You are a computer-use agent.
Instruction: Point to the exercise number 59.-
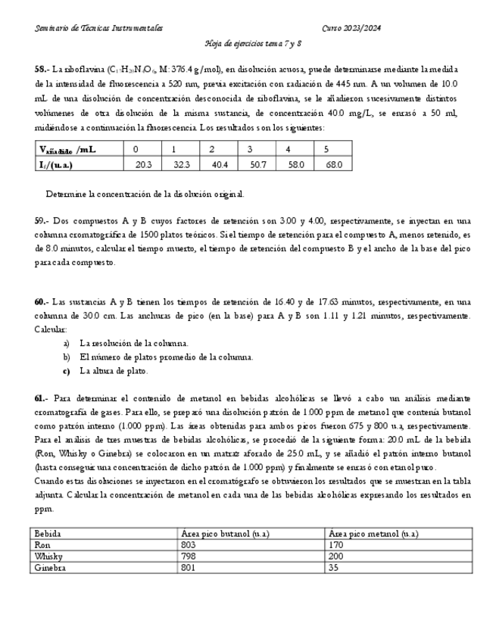click(x=42, y=222)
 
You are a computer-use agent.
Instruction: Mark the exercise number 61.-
click(x=42, y=398)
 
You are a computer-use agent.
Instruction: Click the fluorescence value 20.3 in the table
click(x=143, y=164)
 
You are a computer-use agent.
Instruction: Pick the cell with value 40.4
click(x=219, y=164)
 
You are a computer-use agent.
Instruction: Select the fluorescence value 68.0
click(x=333, y=164)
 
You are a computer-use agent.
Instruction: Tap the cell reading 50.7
click(x=257, y=164)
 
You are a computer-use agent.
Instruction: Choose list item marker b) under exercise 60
click(x=67, y=357)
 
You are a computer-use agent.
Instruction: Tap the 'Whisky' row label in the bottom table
click(x=49, y=556)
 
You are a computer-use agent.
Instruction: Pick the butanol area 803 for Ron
click(x=189, y=544)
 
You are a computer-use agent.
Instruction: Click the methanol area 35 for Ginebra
click(x=335, y=567)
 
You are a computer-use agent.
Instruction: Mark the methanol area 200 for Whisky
click(x=337, y=556)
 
